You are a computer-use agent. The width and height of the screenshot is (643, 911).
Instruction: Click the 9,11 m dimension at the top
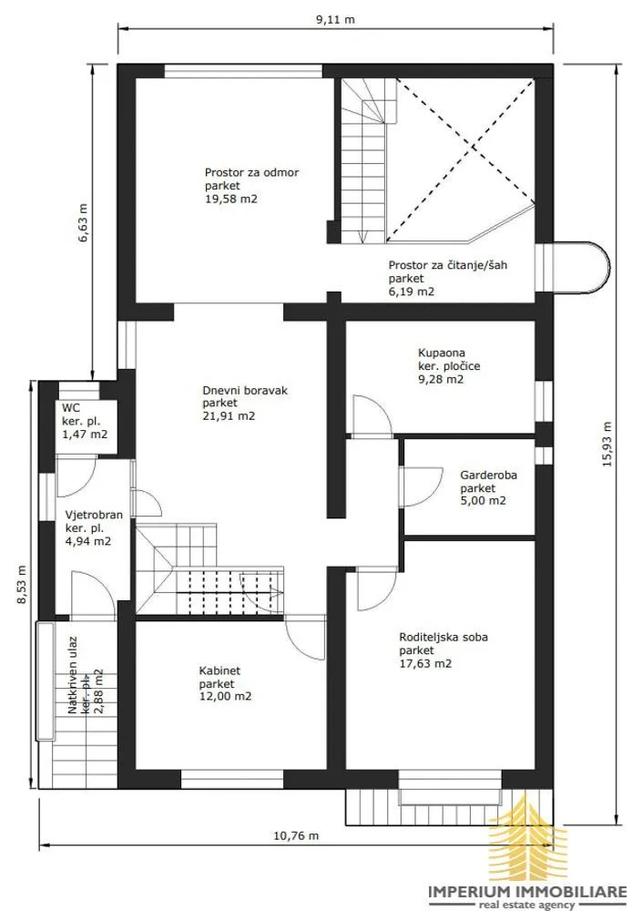335,19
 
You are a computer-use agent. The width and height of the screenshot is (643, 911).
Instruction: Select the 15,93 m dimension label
607,444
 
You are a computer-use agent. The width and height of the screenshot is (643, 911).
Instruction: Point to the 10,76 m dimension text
296,836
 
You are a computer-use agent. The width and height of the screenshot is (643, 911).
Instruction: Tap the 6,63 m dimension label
83,222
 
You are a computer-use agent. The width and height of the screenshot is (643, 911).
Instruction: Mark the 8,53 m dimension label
22,585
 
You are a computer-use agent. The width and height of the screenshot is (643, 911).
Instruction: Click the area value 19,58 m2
231,199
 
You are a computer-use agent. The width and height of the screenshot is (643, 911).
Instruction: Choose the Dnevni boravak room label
245,391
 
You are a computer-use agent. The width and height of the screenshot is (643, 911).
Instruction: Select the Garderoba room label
488,475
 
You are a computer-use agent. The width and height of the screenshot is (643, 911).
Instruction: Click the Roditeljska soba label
444,637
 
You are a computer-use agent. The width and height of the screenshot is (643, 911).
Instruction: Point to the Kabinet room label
219,670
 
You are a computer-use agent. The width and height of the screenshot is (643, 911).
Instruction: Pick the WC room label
71,408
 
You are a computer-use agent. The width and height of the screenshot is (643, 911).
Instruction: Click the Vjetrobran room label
94,515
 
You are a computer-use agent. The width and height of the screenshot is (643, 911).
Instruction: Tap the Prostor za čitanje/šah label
448,265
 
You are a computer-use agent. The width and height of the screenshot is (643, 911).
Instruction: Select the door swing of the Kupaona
373,415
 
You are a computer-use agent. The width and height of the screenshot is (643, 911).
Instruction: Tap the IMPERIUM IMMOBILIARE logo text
527,892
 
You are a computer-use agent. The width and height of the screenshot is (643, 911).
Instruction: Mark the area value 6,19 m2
412,292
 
